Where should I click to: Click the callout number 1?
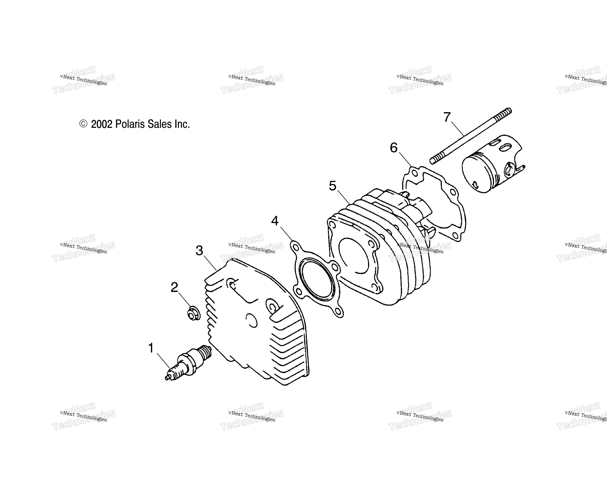coord(151,348)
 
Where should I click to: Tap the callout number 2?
coord(174,287)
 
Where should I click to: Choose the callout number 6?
coord(394,148)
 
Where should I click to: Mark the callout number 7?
coord(447,117)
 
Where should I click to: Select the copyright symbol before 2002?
coord(83,124)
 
